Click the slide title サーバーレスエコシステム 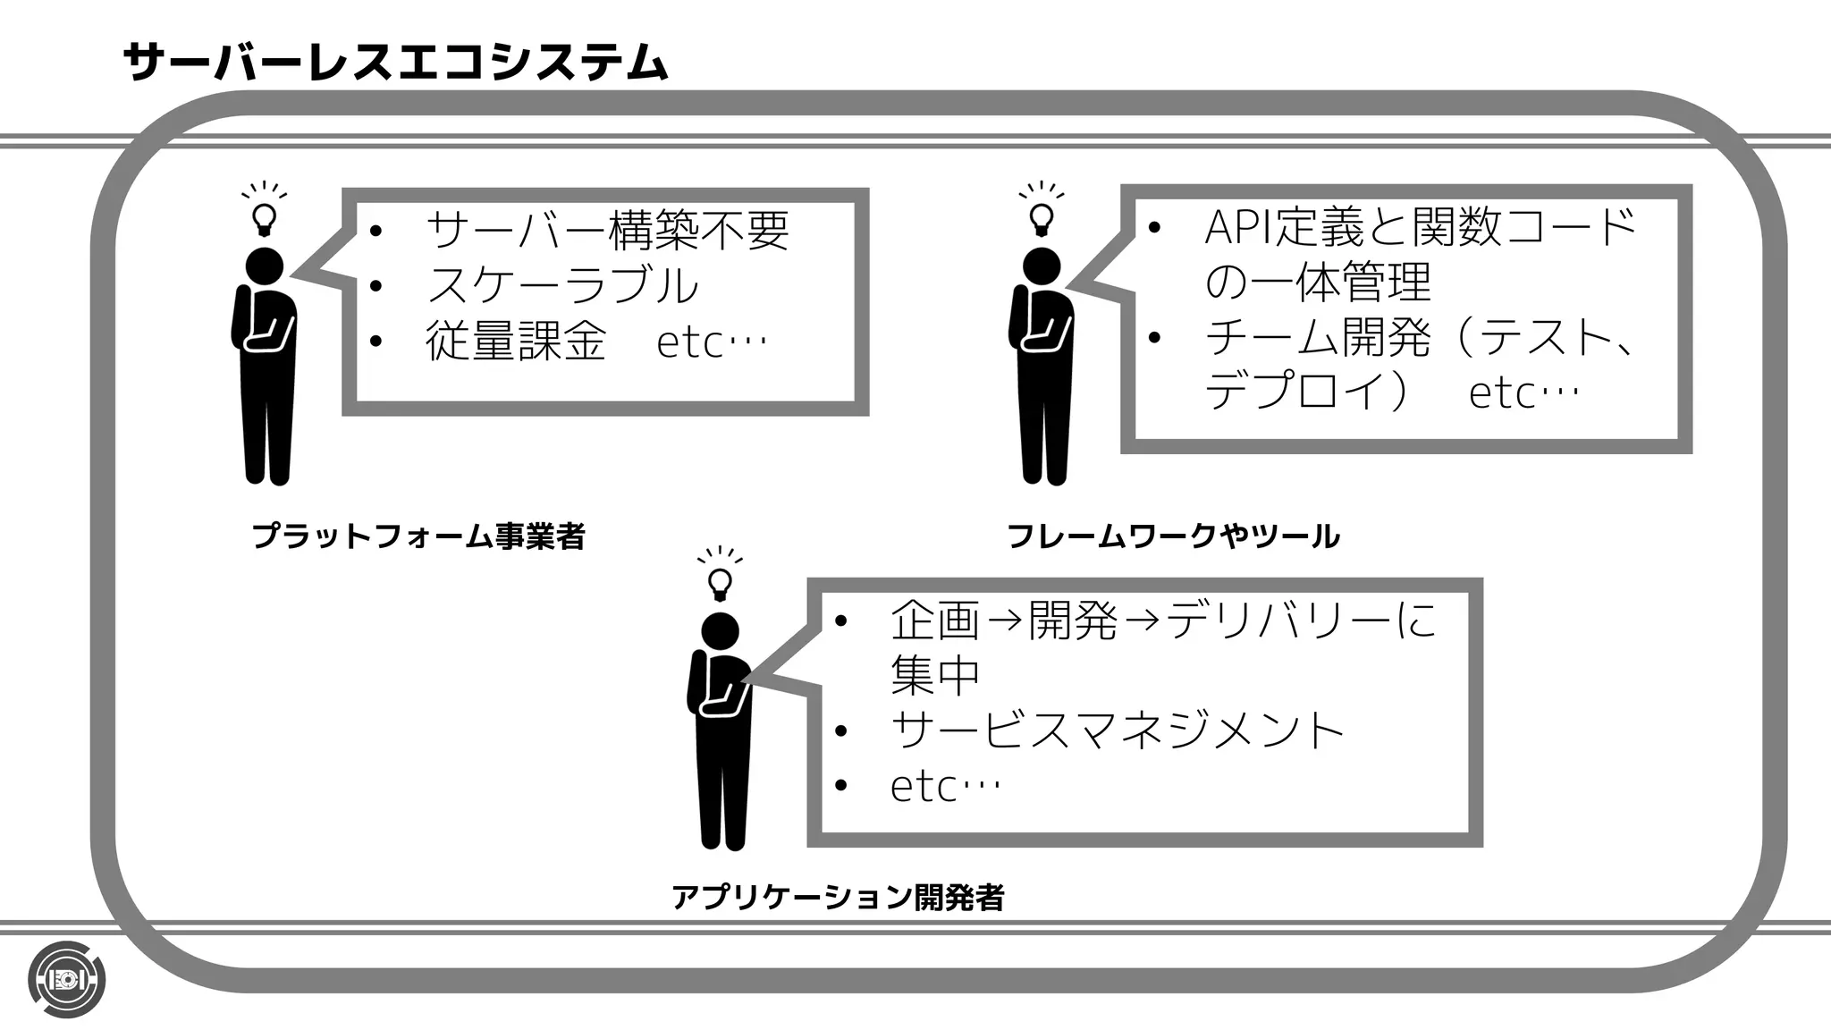pos(395,63)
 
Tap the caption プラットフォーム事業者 pos(418,536)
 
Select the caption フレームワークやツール pos(1173,536)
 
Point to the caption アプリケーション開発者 pos(838,897)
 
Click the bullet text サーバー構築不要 pos(608,231)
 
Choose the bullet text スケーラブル pos(562,286)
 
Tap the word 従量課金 pos(516,342)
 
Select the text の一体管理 pos(1318,283)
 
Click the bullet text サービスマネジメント pos(1118,730)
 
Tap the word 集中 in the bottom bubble pos(935,674)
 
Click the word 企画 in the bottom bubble pos(935,620)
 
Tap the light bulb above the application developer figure pos(720,582)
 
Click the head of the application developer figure pos(720,631)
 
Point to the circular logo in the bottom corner pos(66,979)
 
